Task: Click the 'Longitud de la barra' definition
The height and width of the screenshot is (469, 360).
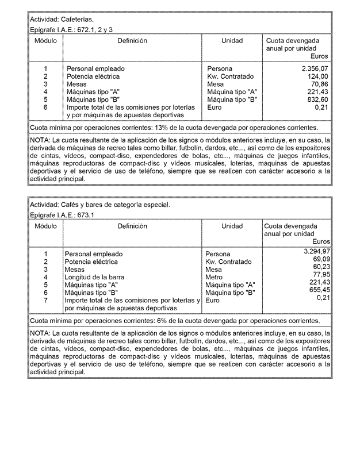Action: [x=94, y=277]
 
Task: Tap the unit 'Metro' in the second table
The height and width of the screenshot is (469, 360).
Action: [x=214, y=277]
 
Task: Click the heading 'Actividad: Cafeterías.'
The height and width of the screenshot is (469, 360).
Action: [x=61, y=19]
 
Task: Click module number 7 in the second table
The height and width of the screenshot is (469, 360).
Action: [x=45, y=300]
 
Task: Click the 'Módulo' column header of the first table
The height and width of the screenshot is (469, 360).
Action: [x=45, y=41]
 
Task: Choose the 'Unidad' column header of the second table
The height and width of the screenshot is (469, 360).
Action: [x=232, y=226]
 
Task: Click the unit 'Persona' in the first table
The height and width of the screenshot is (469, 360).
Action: [x=220, y=69]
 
